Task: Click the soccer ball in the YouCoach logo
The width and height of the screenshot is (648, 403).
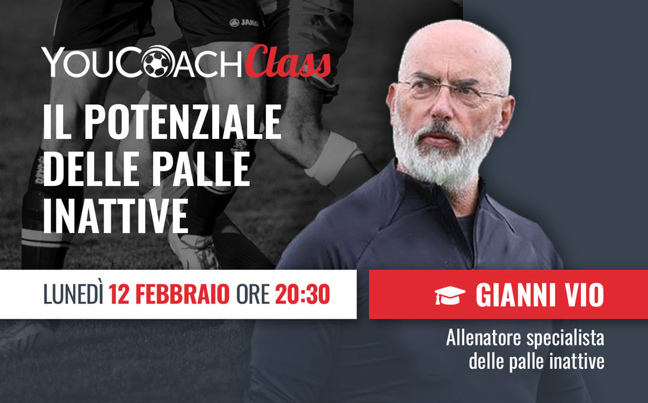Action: pyautogui.click(x=156, y=62)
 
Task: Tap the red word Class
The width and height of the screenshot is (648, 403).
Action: pyautogui.click(x=287, y=62)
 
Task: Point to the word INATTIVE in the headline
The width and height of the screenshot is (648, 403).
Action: pyautogui.click(x=115, y=215)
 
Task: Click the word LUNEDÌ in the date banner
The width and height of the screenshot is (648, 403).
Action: pyautogui.click(x=73, y=294)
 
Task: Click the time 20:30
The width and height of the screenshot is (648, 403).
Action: pyautogui.click(x=303, y=294)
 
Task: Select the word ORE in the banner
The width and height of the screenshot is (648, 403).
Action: pyautogui.click(x=253, y=294)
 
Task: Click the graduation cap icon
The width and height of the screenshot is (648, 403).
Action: pyautogui.click(x=450, y=295)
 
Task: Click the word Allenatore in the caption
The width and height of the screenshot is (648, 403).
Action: pyautogui.click(x=483, y=338)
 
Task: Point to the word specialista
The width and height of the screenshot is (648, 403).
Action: pyautogui.click(x=565, y=339)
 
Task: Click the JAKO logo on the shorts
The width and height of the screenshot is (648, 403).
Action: pyautogui.click(x=244, y=22)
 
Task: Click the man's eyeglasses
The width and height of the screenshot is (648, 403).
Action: pyautogui.click(x=450, y=91)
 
